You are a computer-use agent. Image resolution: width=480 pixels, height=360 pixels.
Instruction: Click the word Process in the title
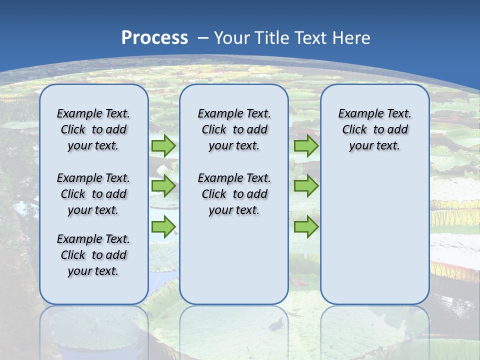coord(154,37)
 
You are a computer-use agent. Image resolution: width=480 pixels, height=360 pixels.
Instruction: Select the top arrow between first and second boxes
coord(163,146)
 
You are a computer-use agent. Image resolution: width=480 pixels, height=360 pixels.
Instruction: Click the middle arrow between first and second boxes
coord(163,186)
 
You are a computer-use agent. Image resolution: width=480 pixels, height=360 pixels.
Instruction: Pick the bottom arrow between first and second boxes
coord(163,227)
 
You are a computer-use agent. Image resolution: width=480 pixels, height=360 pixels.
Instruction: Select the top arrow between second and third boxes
coord(306,146)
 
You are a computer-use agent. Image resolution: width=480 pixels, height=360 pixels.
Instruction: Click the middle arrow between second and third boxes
coord(306,186)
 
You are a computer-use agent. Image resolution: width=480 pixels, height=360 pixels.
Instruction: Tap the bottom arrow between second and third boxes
coord(306,227)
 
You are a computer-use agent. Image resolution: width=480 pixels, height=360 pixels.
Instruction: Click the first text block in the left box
coord(93,129)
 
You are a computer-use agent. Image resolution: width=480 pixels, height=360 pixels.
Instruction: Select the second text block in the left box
coord(93,194)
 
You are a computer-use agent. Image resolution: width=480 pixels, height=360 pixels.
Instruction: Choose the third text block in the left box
coord(93,255)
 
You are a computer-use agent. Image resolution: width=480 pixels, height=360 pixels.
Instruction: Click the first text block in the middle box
coord(234,129)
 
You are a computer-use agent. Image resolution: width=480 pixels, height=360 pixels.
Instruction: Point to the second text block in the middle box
coord(234,194)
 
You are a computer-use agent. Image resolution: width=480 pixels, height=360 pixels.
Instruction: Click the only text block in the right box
coord(375,129)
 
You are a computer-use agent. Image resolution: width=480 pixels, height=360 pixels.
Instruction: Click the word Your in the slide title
coord(233,37)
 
